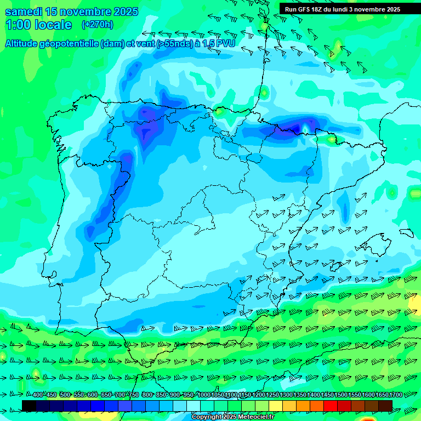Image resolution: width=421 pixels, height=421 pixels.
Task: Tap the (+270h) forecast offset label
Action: [97, 24]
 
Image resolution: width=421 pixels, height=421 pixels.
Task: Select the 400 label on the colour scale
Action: [37, 395]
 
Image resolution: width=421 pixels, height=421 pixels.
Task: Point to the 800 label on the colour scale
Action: [147, 395]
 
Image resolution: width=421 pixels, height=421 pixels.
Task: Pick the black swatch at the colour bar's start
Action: [29, 406]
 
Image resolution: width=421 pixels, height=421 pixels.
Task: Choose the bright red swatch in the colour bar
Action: [331, 406]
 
